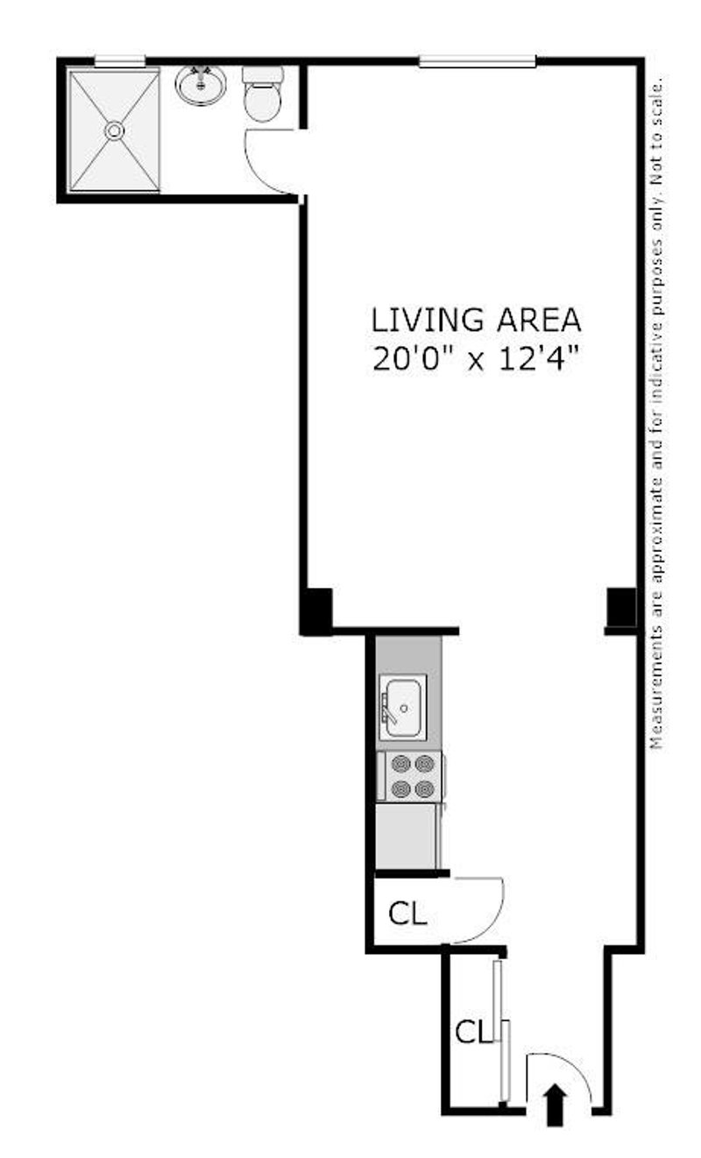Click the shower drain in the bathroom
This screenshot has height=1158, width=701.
[x=114, y=131]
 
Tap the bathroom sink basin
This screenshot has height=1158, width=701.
[x=201, y=85]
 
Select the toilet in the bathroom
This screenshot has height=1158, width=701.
[x=263, y=94]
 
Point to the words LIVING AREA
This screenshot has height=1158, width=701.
[x=476, y=320]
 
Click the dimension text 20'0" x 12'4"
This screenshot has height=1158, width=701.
[x=474, y=359]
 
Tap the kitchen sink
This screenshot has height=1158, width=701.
[x=403, y=707]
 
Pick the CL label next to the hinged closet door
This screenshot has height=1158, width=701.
[x=407, y=914]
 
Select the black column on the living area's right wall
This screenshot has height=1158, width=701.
[x=621, y=609]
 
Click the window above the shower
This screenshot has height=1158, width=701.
[x=119, y=61]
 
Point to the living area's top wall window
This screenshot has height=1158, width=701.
[x=478, y=61]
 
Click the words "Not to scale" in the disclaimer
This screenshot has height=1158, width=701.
[x=656, y=131]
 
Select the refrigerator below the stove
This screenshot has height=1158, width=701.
[x=407, y=836]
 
